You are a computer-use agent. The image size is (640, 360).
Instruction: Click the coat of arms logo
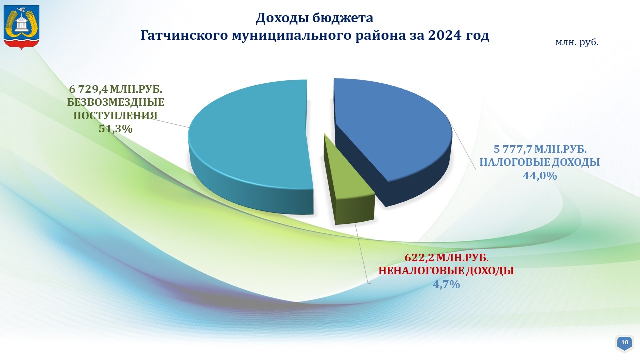pyautogui.click(x=21, y=27)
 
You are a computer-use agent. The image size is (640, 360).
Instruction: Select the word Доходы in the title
pyautogui.click(x=282, y=19)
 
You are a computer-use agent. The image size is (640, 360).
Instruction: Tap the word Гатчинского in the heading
pyautogui.click(x=184, y=35)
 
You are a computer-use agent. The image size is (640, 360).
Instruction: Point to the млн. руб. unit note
pyautogui.click(x=577, y=43)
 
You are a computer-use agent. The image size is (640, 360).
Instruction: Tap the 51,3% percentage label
pyautogui.click(x=116, y=129)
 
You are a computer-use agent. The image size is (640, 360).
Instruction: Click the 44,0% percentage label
pyautogui.click(x=540, y=176)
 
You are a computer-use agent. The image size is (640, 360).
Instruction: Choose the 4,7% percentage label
pyautogui.click(x=446, y=284)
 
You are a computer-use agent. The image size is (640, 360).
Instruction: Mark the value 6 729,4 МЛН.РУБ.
pyautogui.click(x=115, y=89)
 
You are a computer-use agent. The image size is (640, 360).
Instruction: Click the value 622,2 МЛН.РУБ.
pyautogui.click(x=447, y=258)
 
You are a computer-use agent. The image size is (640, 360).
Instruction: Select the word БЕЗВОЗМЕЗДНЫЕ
pyautogui.click(x=115, y=102)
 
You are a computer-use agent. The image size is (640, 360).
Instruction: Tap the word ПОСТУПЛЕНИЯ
pyautogui.click(x=115, y=116)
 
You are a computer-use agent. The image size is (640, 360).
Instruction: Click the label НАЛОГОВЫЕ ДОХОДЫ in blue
pyautogui.click(x=539, y=162)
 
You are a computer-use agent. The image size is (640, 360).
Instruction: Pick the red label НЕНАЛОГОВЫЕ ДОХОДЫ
pyautogui.click(x=446, y=271)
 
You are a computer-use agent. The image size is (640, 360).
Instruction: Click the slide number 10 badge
pyautogui.click(x=625, y=343)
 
